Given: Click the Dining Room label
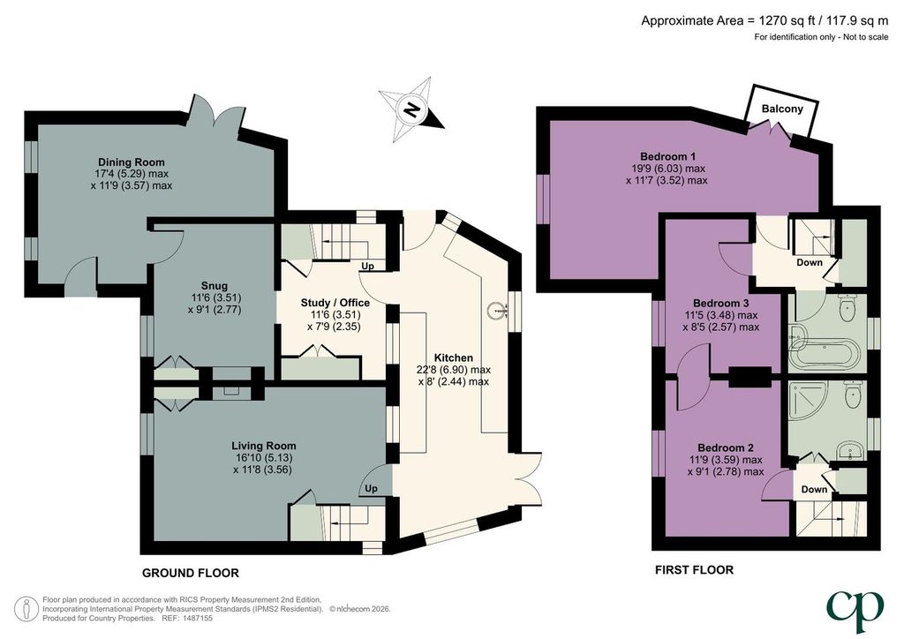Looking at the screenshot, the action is pyautogui.click(x=131, y=162).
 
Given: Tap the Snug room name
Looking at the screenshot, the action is pyautogui.click(x=214, y=285).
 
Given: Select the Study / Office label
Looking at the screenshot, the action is pyautogui.click(x=335, y=303).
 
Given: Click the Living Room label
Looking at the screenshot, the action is pyautogui.click(x=263, y=446).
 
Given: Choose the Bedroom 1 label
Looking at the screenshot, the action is pyautogui.click(x=667, y=156).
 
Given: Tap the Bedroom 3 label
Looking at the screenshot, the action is pyautogui.click(x=720, y=303).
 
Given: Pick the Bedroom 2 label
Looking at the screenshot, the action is pyautogui.click(x=726, y=447).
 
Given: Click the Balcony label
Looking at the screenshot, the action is pyautogui.click(x=782, y=109).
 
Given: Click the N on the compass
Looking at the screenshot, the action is pyautogui.click(x=411, y=109).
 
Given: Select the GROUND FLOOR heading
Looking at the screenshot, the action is pyautogui.click(x=191, y=573).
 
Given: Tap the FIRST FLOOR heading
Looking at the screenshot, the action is pyautogui.click(x=694, y=570).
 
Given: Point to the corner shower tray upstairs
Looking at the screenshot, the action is pyautogui.click(x=806, y=402).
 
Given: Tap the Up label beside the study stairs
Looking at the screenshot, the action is pyautogui.click(x=367, y=267).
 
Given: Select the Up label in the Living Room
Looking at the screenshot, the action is pyautogui.click(x=372, y=488).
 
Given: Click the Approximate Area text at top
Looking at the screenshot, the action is pyautogui.click(x=765, y=21).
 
